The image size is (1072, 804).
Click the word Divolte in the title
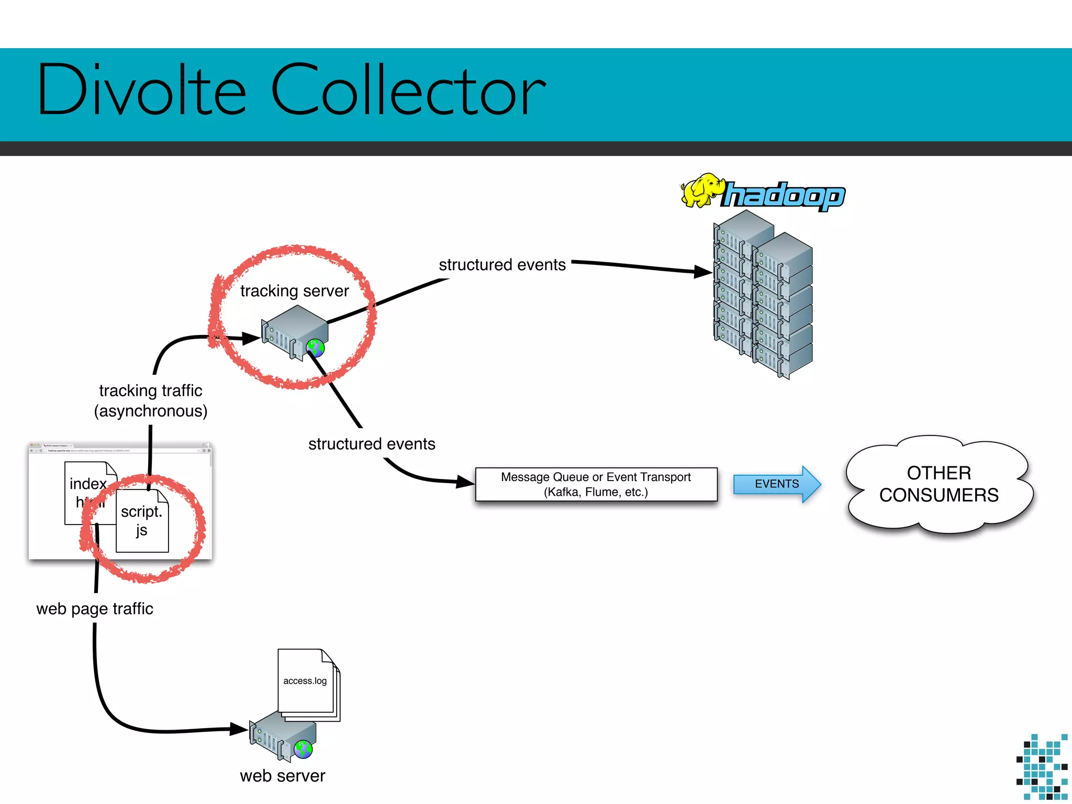pyautogui.click(x=141, y=90)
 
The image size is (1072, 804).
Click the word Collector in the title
pyautogui.click(x=408, y=90)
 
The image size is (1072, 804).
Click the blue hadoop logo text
pyautogui.click(x=784, y=196)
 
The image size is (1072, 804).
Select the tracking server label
pyautogui.click(x=294, y=291)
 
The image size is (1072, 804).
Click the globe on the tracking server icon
pyautogui.click(x=316, y=348)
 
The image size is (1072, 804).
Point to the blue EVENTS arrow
pyautogui.click(x=777, y=484)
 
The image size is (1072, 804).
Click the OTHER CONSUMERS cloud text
pyautogui.click(x=939, y=484)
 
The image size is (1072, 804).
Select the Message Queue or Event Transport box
pyautogui.click(x=596, y=485)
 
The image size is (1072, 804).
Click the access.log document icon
pyautogui.click(x=306, y=682)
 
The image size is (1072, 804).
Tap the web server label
pyautogui.click(x=282, y=776)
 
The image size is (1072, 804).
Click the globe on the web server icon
pyautogui.click(x=303, y=750)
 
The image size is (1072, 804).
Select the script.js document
pyautogui.click(x=142, y=521)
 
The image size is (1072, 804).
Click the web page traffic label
pyautogui.click(x=95, y=609)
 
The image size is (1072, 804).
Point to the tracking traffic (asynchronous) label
pyautogui.click(x=151, y=401)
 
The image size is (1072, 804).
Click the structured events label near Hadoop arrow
pyautogui.click(x=502, y=265)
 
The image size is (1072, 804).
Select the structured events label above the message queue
pyautogui.click(x=372, y=444)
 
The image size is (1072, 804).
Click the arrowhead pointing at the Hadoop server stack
pyautogui.click(x=702, y=271)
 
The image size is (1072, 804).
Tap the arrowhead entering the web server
pyautogui.click(x=239, y=728)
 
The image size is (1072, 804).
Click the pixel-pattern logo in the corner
pyautogui.click(x=1042, y=767)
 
